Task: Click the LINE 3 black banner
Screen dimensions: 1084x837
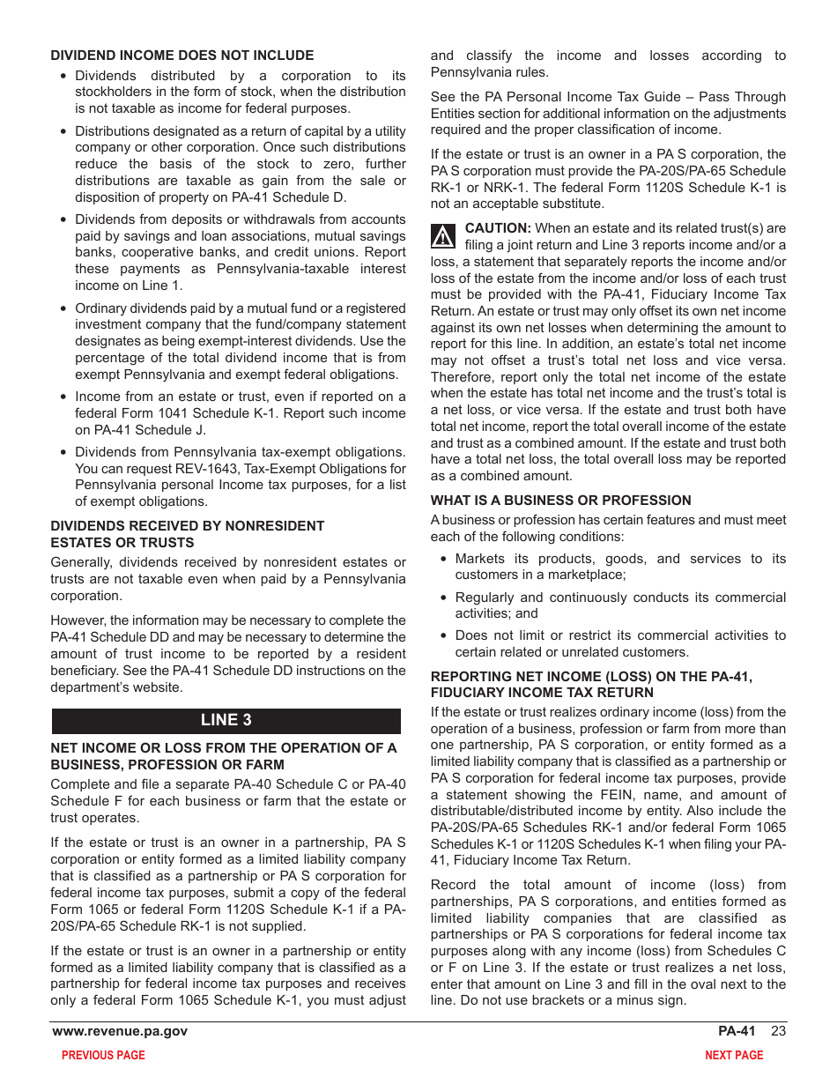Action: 226,720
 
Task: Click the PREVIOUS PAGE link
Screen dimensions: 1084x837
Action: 103,1055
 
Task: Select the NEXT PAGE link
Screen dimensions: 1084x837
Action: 733,1055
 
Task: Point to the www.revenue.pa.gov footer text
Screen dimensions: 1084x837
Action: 120,1031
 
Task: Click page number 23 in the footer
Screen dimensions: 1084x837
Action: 778,1031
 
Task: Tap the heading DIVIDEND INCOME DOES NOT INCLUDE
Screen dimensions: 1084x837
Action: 181,56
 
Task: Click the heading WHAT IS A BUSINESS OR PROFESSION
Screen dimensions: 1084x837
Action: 560,500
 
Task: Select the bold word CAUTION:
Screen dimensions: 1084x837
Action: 498,228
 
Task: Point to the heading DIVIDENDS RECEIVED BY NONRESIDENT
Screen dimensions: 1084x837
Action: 187,526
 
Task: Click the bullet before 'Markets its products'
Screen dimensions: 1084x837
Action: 443,559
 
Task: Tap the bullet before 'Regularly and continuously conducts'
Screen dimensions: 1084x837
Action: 443,598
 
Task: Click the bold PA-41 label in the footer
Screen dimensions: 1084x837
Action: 737,1031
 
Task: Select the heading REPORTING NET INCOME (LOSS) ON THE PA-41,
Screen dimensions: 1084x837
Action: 591,677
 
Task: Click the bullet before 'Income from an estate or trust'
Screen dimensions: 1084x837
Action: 63,397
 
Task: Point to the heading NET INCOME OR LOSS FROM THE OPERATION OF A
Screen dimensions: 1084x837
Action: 223,748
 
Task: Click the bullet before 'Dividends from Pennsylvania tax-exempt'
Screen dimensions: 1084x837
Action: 63,452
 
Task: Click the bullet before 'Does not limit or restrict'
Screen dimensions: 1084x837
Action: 443,635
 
